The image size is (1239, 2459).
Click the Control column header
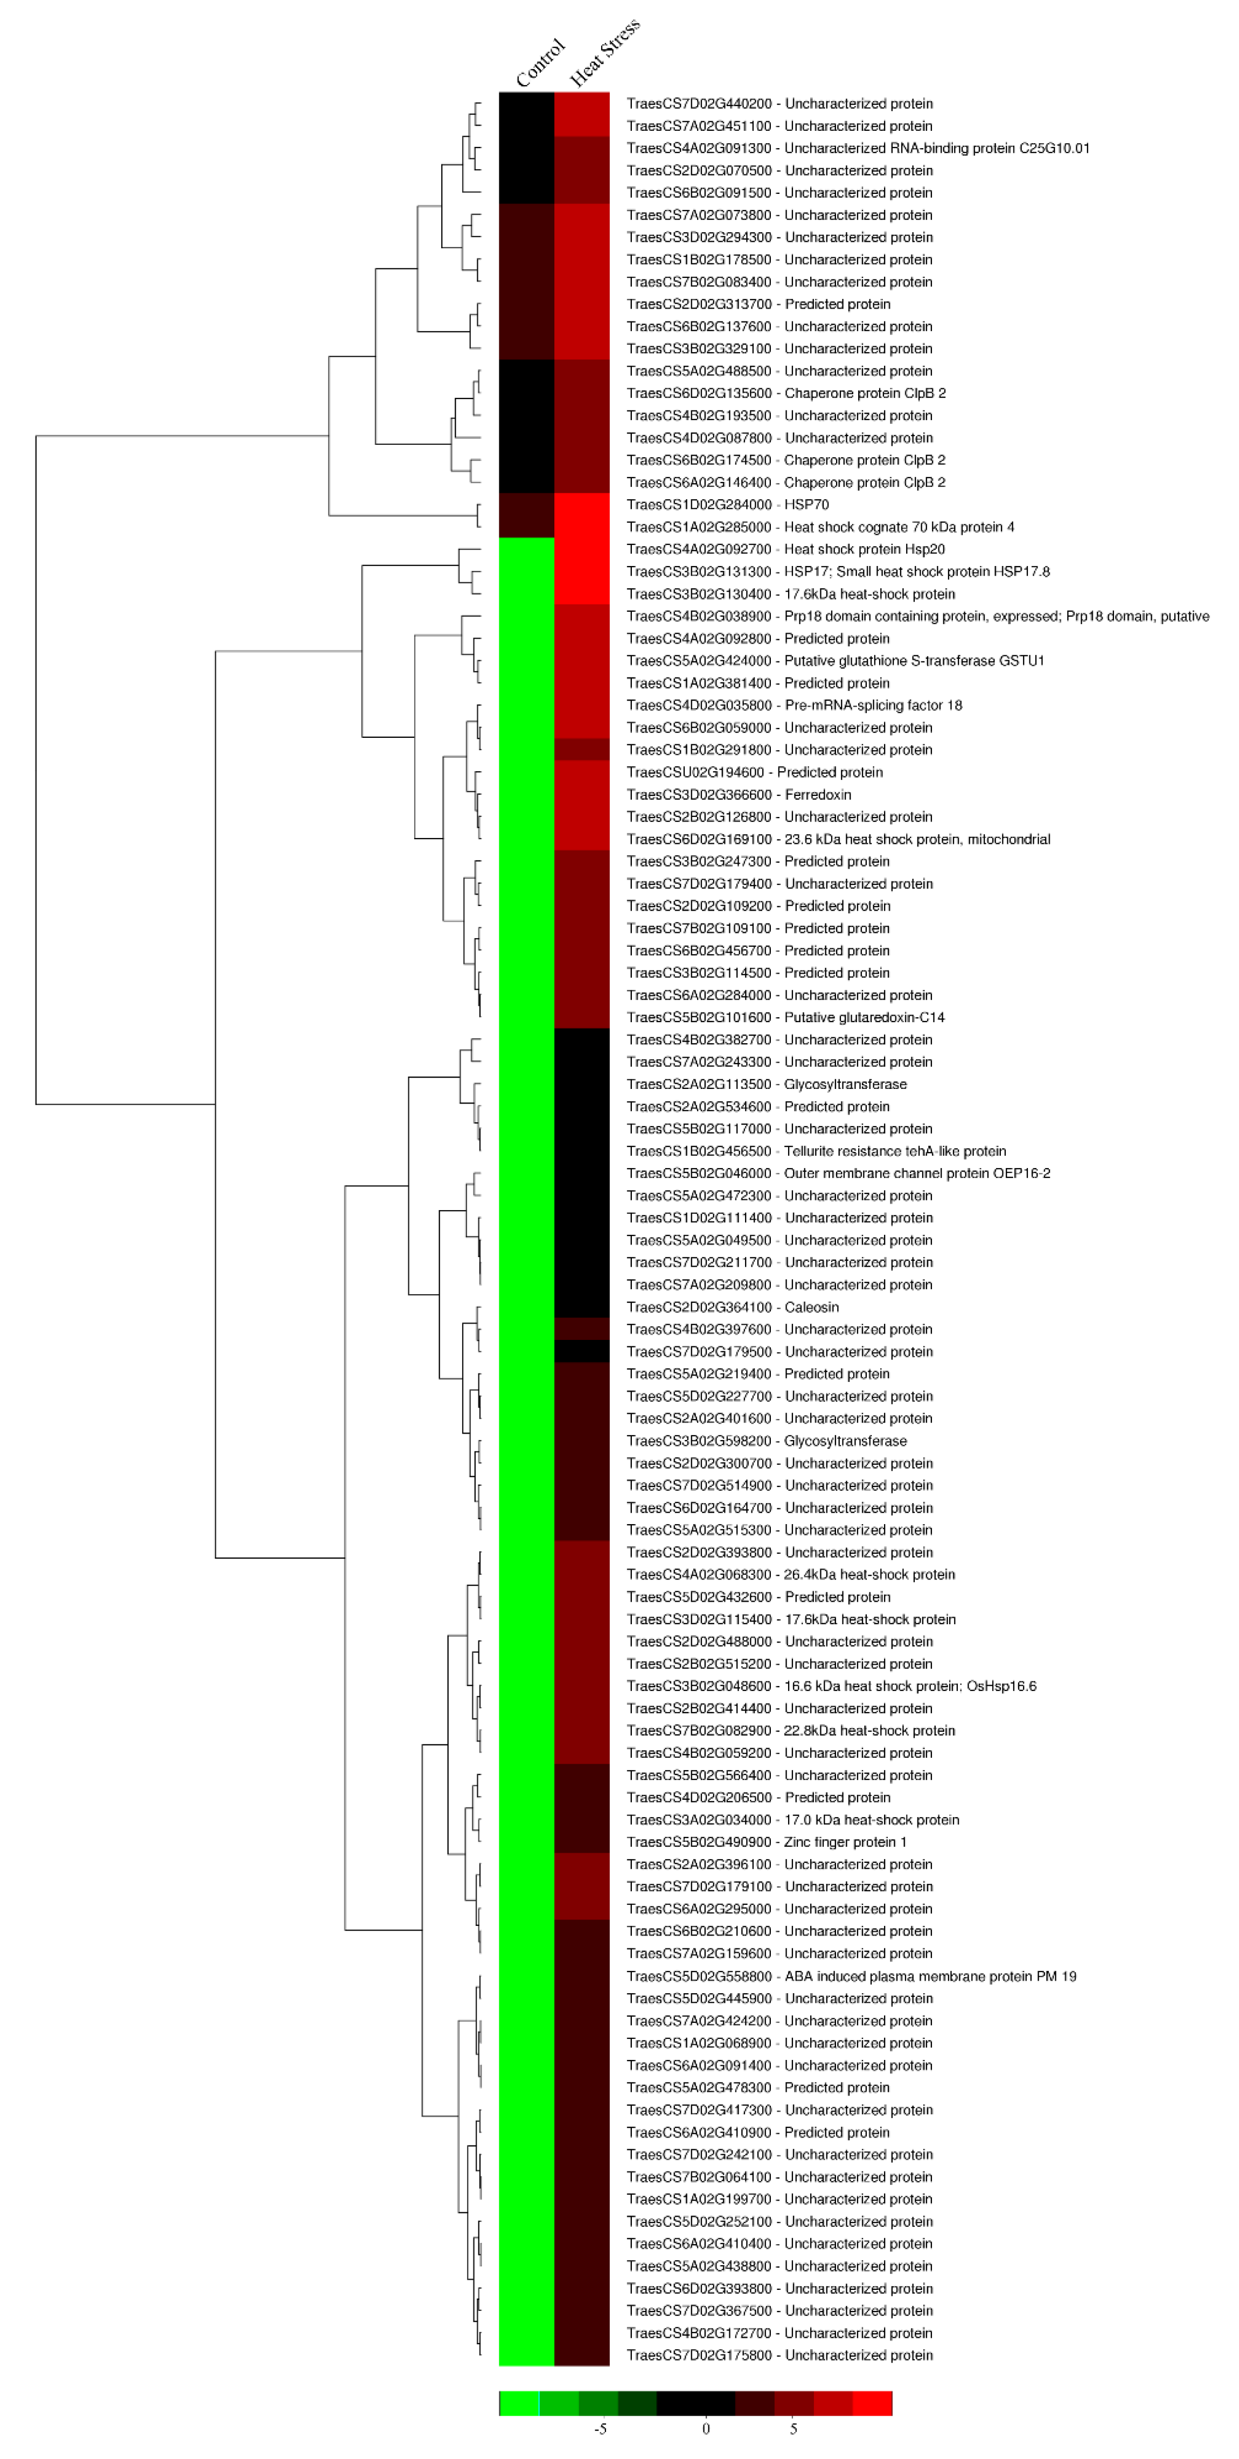point(540,63)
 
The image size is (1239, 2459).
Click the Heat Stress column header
point(604,52)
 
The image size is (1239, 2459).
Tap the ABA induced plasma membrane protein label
point(852,1976)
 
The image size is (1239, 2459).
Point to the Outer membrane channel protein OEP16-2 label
point(838,1173)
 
